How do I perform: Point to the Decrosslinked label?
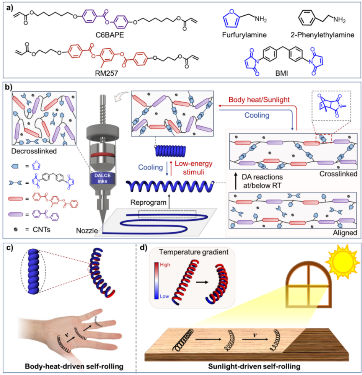coord(33,152)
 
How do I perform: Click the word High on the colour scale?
coord(167,264)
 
